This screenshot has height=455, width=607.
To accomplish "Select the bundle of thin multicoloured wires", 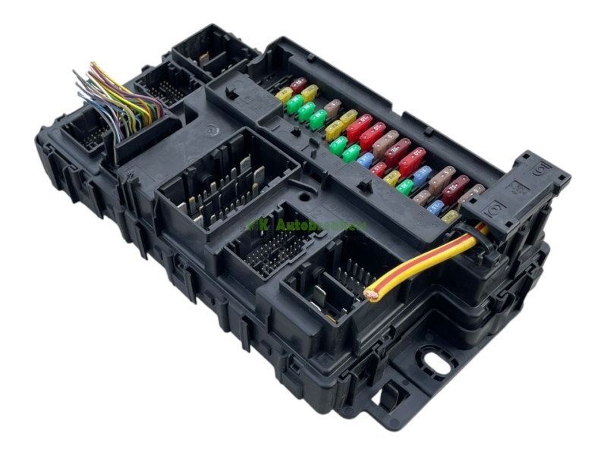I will pyautogui.click(x=121, y=99).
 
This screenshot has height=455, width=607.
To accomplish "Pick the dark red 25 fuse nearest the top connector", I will pyautogui.click(x=298, y=84).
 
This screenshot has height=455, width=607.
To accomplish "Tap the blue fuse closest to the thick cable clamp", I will pyautogui.click(x=436, y=206).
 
